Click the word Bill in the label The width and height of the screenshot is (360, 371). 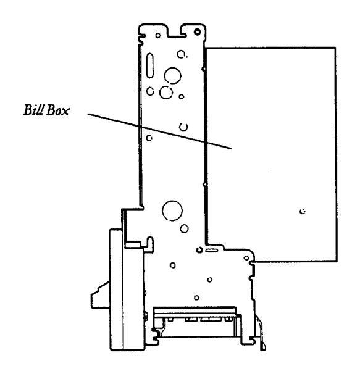click(33, 110)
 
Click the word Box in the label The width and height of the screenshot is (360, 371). click(58, 110)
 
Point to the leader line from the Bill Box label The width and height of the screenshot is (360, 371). click(159, 131)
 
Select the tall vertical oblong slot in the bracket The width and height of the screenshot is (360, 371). click(150, 65)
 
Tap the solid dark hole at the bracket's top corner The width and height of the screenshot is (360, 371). click(197, 31)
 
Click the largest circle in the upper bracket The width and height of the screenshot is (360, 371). click(172, 76)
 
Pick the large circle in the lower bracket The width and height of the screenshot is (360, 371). click(172, 211)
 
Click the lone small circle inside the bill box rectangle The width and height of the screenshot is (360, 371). click(303, 211)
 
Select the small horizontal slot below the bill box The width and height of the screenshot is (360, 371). click(212, 250)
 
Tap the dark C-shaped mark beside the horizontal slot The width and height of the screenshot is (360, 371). click(199, 249)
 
